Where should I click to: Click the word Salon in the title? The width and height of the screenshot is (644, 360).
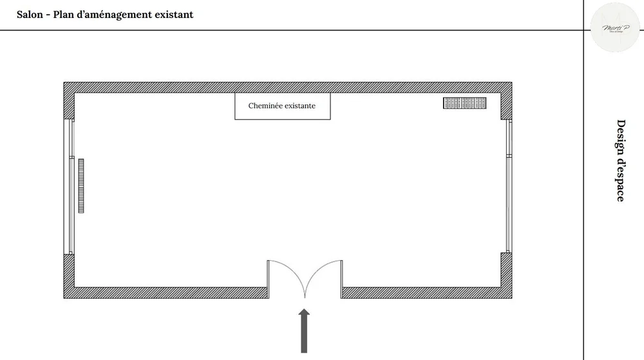pos(30,14)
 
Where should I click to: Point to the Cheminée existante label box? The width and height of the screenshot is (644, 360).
pos(282,106)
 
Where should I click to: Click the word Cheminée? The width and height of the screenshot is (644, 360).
pos(265,106)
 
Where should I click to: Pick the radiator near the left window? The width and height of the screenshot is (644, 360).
pos(82,185)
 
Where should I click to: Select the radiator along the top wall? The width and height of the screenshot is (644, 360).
pos(464,103)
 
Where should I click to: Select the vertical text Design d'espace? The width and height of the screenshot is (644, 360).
pos(620,160)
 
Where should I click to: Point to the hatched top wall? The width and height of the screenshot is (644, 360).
pos(287,88)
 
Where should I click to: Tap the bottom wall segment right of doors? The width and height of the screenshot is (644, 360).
pos(425,292)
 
